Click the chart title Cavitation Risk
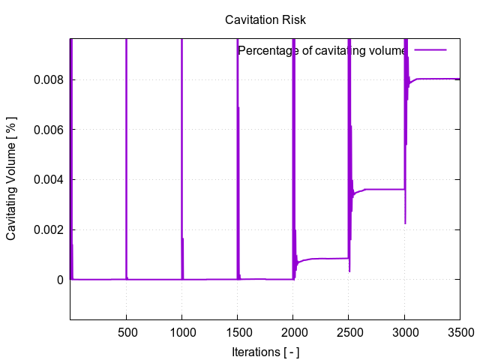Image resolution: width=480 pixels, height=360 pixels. coord(265,20)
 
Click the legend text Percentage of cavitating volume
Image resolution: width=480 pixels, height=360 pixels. coord(322,50)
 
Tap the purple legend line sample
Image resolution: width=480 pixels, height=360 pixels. coord(430,49)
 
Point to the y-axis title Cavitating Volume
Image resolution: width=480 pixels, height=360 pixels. coord(11,179)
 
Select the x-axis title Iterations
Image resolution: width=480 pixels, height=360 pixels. coord(265,351)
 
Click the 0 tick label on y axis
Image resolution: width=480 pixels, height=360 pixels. coord(59,280)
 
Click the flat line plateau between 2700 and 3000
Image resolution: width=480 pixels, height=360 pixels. coord(386,189)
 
